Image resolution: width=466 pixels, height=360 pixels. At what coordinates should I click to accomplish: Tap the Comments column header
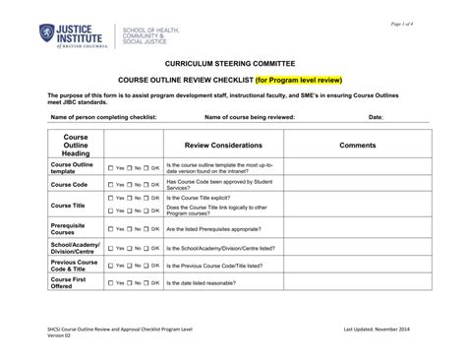click(357, 145)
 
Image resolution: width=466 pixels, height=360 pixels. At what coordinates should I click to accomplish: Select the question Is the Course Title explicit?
click(208, 198)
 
